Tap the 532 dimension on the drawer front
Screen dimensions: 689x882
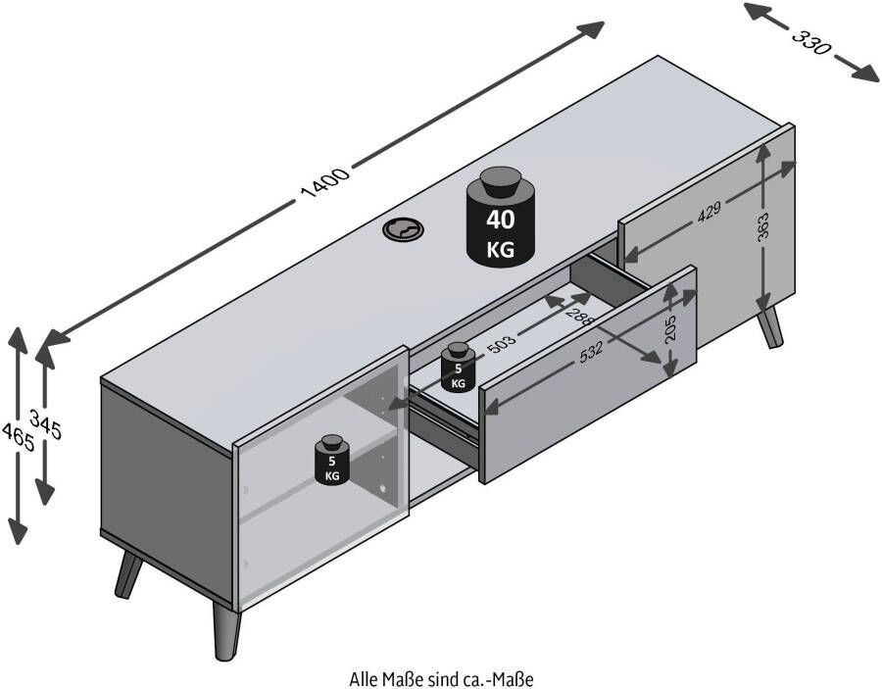coord(592,354)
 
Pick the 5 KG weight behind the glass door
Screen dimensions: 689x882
coord(332,459)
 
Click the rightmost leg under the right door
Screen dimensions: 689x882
coord(772,326)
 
